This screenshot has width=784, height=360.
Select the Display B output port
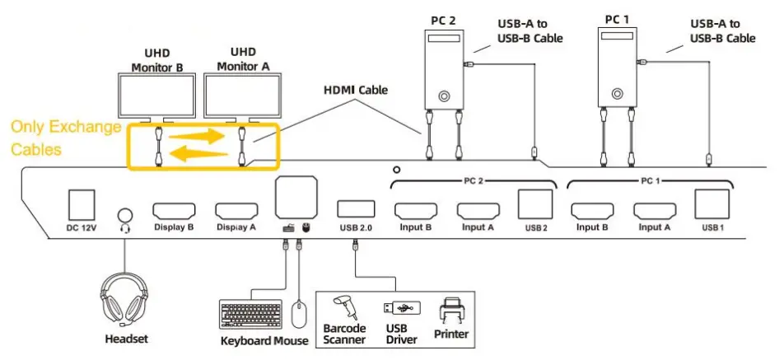coord(173,211)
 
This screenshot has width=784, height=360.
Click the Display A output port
coord(236,211)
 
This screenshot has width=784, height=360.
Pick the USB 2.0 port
coord(355,209)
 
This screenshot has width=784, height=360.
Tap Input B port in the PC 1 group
coord(592,211)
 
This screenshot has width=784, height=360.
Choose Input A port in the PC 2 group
coord(478,211)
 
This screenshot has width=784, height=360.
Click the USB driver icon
coord(401,308)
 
